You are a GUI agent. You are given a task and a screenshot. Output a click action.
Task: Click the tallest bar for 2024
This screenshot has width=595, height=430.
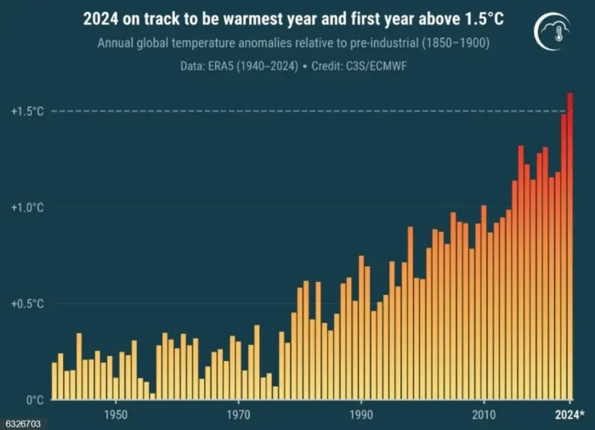point(569,246)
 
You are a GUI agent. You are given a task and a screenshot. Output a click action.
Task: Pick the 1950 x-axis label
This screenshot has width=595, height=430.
point(116,414)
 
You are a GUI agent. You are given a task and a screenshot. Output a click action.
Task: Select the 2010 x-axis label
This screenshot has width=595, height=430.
point(484,414)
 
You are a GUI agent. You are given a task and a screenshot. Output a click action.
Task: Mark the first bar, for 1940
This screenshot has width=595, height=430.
point(54,381)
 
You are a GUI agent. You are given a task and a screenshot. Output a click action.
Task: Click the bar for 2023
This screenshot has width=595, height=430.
point(564,255)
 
